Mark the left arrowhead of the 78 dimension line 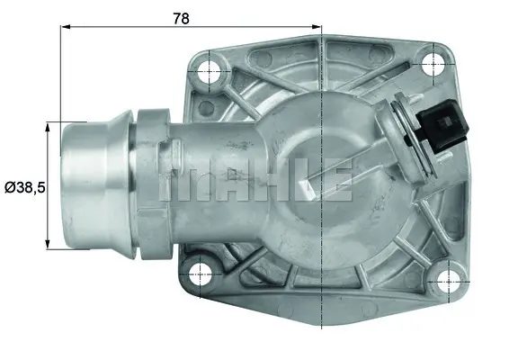click(66, 28)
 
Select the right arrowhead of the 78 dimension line click(316, 28)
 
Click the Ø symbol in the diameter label click(9, 187)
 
